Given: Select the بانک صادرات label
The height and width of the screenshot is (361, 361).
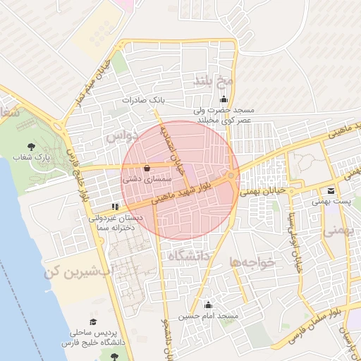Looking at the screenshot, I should [143, 101].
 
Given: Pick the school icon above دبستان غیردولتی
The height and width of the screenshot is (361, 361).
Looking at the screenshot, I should [114, 207].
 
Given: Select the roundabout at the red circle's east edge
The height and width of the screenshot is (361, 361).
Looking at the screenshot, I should [233, 176].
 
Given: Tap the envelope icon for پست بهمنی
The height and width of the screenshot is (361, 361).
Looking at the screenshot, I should [331, 191].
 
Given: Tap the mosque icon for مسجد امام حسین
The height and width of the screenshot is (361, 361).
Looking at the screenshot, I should [208, 305].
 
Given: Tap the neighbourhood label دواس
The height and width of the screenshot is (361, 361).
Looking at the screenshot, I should [120, 137].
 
